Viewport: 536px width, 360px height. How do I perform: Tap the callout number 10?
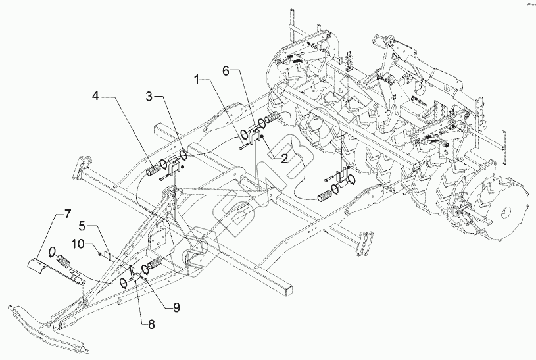tap(76, 244)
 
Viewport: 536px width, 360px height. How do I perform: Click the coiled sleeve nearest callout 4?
tap(154, 169)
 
